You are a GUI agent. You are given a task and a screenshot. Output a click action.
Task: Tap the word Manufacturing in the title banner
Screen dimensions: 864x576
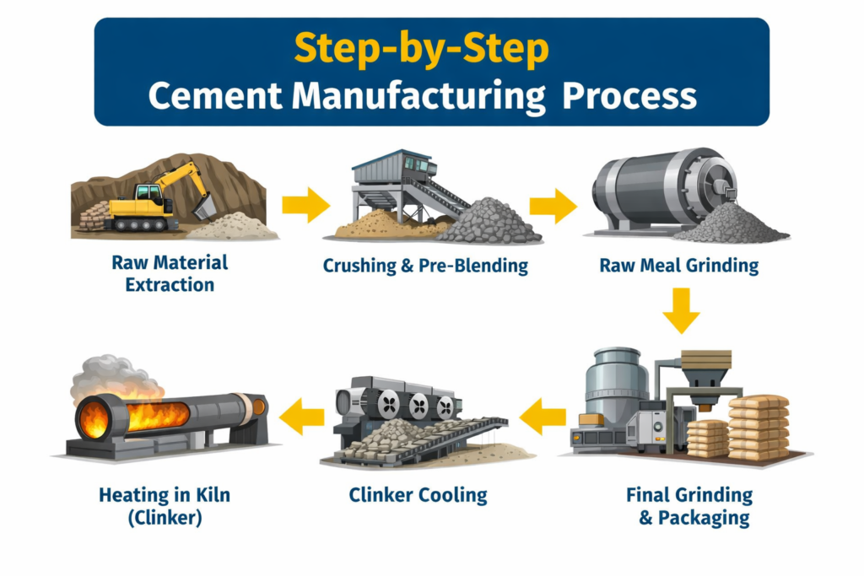(x=418, y=96)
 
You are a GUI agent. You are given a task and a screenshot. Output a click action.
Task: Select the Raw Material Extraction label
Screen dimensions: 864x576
(x=170, y=274)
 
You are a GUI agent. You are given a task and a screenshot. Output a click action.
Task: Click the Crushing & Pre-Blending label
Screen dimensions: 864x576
(x=425, y=266)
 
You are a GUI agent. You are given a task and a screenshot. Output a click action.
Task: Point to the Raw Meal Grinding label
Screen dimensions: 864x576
(x=679, y=266)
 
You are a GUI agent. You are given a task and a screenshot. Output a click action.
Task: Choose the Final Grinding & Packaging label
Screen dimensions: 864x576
(x=690, y=507)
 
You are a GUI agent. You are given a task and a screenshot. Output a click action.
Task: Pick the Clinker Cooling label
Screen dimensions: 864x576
(x=418, y=495)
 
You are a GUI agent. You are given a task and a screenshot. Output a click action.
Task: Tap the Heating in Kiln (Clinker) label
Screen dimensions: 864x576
(x=165, y=506)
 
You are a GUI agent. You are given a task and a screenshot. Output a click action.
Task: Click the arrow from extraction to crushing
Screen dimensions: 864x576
(x=305, y=205)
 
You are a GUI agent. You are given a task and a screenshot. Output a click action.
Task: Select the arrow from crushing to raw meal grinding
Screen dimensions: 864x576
(x=553, y=206)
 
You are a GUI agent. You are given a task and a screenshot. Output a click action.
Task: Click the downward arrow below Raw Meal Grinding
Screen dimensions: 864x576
(x=682, y=310)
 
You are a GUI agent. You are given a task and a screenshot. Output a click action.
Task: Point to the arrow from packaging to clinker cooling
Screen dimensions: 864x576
(x=543, y=417)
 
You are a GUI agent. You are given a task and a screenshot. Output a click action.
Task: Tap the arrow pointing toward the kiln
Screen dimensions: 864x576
(x=302, y=417)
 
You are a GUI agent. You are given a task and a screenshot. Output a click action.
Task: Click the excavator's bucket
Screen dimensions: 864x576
(x=204, y=207)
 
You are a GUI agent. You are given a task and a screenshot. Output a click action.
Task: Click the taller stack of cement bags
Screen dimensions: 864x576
(x=759, y=428)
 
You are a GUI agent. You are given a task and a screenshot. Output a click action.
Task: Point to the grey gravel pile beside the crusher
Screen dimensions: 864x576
(x=489, y=221)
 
